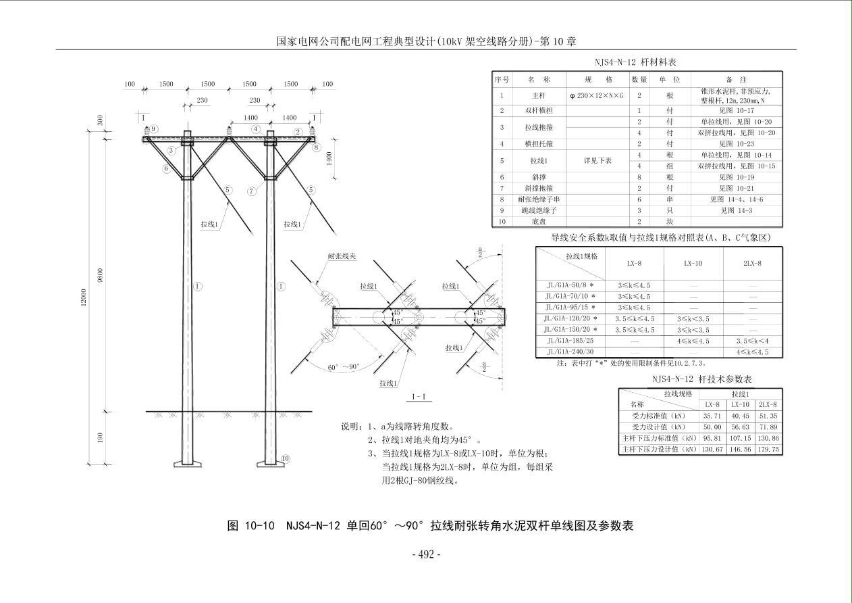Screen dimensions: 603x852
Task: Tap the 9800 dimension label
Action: point(100,274)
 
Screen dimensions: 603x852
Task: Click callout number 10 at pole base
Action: point(286,458)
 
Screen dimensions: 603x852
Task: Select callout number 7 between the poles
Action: point(251,191)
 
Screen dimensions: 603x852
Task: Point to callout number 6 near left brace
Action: point(165,168)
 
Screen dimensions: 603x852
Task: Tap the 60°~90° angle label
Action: point(344,367)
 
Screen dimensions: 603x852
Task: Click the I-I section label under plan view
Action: point(418,397)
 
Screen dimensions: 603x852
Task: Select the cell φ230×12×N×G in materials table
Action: point(597,96)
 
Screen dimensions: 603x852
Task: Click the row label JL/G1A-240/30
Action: point(570,352)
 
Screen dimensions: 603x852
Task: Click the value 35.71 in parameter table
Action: point(712,416)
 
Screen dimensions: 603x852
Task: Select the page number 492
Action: point(426,554)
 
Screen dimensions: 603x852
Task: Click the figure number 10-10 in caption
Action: point(259,525)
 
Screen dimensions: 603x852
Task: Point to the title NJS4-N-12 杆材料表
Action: point(631,62)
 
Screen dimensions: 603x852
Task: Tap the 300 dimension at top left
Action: point(100,120)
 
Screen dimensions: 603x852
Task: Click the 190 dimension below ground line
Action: point(100,438)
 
